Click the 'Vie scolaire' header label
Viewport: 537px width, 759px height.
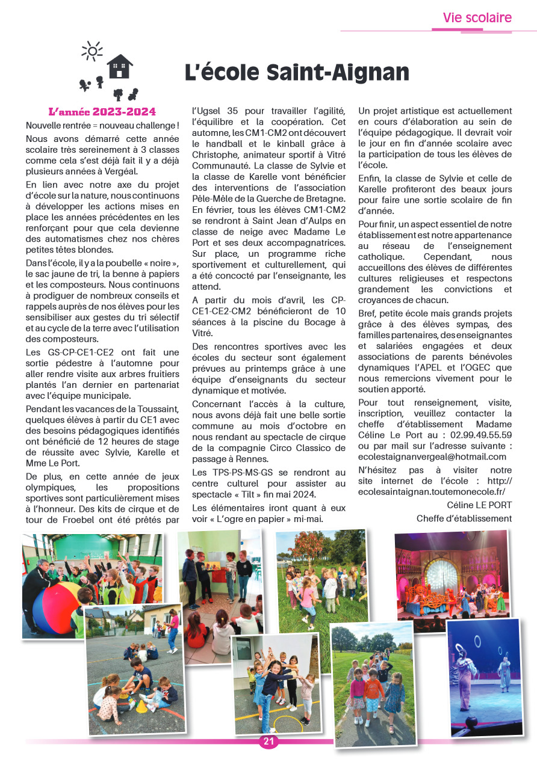(477, 18)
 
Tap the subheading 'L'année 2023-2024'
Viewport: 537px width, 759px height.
(102, 112)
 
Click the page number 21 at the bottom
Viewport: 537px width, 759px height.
(268, 742)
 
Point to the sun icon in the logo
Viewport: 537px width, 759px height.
(92, 51)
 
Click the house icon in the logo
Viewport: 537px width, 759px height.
(120, 67)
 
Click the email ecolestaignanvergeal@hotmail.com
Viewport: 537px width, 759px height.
(432, 456)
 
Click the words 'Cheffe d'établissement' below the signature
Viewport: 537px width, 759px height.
(464, 518)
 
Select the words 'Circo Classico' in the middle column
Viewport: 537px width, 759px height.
(315, 448)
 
